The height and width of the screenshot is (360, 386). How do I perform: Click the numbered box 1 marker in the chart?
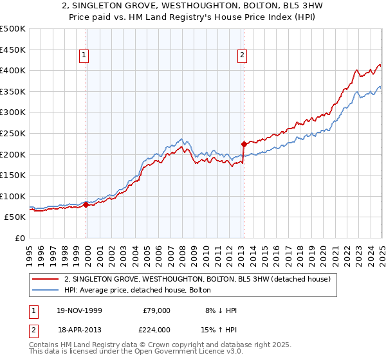pos(84,56)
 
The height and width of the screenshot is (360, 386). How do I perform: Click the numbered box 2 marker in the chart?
pos(242,56)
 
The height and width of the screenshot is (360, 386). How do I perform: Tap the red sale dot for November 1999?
pos(87,205)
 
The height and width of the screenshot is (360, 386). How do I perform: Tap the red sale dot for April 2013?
pos(244,144)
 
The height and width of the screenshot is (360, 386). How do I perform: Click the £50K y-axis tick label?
pos(15,217)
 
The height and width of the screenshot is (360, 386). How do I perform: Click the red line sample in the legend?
pos(46,279)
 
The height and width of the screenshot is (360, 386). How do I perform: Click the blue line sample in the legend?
pos(46,290)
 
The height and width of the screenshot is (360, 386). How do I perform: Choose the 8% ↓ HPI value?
pos(220,310)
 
